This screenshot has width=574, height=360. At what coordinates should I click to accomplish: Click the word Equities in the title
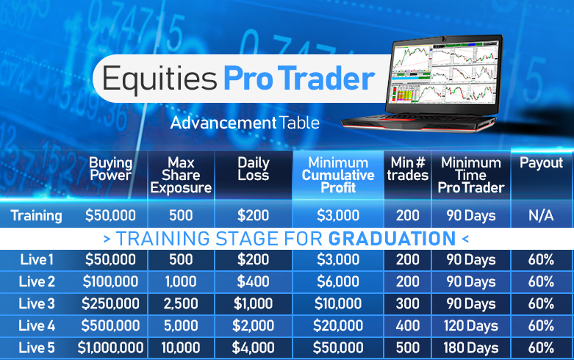pyautogui.click(x=159, y=79)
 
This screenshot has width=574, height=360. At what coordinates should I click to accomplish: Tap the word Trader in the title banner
pyautogui.click(x=328, y=78)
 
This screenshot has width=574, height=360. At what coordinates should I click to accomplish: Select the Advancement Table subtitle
pyautogui.click(x=245, y=123)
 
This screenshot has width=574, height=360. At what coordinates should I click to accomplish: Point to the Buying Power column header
pyautogui.click(x=110, y=169)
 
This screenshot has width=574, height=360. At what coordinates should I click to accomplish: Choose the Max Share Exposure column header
pyautogui.click(x=181, y=175)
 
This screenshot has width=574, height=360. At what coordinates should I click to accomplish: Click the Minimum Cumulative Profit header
pyautogui.click(x=338, y=175)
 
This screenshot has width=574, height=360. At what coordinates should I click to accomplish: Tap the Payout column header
pyautogui.click(x=541, y=163)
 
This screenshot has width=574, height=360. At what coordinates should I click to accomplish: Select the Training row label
pyautogui.click(x=36, y=215)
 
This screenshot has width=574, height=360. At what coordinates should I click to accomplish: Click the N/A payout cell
pyautogui.click(x=541, y=215)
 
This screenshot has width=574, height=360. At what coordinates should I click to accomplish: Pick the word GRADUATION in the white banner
pyautogui.click(x=392, y=239)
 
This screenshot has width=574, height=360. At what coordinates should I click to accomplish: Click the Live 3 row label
pyautogui.click(x=37, y=303)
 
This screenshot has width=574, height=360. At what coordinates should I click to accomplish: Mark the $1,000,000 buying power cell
pyautogui.click(x=110, y=348)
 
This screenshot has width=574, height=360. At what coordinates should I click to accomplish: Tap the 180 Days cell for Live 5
pyautogui.click(x=471, y=348)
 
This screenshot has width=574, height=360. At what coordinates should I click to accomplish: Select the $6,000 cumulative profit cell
pyautogui.click(x=338, y=281)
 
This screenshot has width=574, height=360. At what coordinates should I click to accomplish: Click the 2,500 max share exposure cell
pyautogui.click(x=181, y=303)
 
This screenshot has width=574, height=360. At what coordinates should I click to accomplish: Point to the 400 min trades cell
pyautogui.click(x=407, y=325)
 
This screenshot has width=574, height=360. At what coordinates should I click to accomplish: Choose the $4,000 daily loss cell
pyautogui.click(x=253, y=348)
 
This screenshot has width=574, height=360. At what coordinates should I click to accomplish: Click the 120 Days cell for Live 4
pyautogui.click(x=471, y=325)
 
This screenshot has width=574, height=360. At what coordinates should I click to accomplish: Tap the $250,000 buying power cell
pyautogui.click(x=110, y=303)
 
